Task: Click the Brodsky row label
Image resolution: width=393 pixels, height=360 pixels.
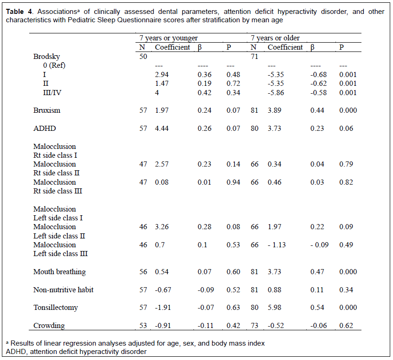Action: click(46, 57)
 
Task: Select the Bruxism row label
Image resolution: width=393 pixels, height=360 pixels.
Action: click(47, 110)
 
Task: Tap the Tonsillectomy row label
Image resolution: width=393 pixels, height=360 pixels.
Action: click(56, 308)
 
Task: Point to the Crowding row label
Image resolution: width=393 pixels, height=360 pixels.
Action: click(49, 325)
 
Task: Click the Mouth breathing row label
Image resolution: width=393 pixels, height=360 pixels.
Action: click(60, 272)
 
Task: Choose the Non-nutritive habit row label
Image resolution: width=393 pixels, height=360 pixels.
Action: click(64, 290)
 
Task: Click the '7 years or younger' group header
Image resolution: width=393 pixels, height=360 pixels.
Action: click(169, 38)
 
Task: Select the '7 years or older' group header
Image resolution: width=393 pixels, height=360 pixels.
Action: click(275, 38)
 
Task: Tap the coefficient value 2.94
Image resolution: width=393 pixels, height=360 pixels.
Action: click(161, 75)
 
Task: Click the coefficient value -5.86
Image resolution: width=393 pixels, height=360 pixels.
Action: click(276, 93)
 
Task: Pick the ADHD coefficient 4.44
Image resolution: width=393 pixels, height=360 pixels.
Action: click(161, 129)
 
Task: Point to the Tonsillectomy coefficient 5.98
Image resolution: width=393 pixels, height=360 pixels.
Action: click(274, 308)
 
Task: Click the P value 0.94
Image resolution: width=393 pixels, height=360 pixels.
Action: click(233, 182)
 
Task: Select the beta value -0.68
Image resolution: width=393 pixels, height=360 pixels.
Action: click(319, 75)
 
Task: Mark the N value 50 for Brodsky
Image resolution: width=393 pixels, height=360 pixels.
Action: click(143, 57)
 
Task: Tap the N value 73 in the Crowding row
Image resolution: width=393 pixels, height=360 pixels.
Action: click(254, 325)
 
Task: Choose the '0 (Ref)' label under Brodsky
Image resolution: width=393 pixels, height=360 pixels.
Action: click(54, 65)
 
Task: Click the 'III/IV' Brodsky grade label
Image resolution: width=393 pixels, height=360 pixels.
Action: click(52, 93)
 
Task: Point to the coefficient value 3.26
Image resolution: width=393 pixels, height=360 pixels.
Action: click(161, 227)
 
